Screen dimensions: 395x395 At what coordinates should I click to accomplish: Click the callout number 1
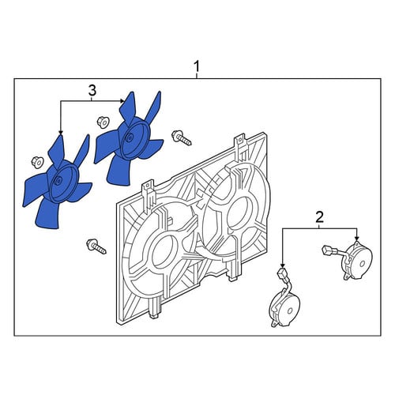coord(197,66)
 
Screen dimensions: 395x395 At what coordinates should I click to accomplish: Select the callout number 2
coord(319,217)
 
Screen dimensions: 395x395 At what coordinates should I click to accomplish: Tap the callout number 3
coord(92,90)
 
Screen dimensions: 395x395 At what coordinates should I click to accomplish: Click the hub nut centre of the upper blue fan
coord(130,137)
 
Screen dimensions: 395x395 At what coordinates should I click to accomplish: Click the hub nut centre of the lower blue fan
coord(58,180)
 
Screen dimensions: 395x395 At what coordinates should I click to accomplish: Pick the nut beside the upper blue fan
coord(103,122)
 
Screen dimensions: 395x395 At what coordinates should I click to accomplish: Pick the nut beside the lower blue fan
coord(37,162)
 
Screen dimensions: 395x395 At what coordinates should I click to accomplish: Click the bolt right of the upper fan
coord(182,137)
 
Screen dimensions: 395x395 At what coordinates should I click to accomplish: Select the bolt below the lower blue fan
coord(96,246)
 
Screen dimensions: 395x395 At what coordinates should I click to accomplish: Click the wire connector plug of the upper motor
coord(326,250)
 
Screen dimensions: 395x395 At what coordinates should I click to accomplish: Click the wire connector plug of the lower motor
coord(282,273)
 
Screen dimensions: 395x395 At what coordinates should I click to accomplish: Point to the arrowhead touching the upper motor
coord(357,238)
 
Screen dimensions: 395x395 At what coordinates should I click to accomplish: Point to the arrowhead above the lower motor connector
coord(282,265)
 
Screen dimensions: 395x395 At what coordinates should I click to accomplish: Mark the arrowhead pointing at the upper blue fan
coord(122,101)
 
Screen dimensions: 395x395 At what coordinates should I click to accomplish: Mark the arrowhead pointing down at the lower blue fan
coord(61,133)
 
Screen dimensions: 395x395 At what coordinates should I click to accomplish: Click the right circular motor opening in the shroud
coord(238,213)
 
